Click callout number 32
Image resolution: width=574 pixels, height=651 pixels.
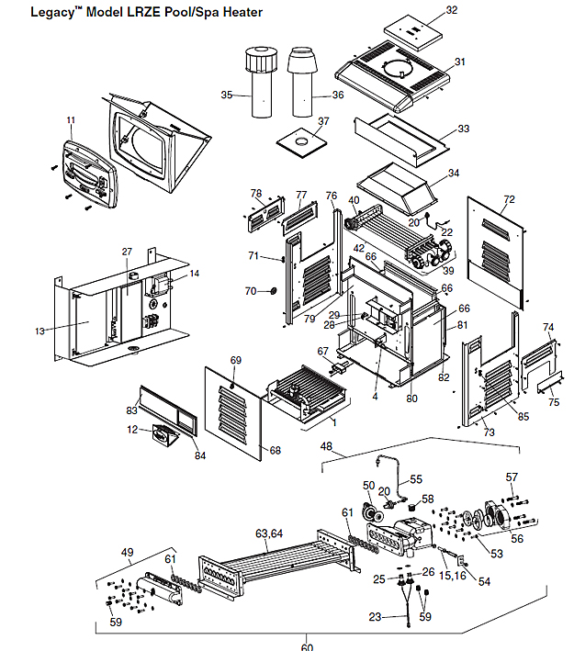(x=451, y=10)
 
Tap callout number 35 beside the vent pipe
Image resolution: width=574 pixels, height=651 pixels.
(x=227, y=94)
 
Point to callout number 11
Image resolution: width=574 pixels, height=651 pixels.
(x=71, y=120)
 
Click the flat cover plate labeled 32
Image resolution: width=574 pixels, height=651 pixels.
(x=412, y=31)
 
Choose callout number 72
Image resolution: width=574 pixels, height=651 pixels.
(x=510, y=199)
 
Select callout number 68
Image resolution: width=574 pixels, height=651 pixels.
(x=276, y=450)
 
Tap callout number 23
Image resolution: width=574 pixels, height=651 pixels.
(x=374, y=616)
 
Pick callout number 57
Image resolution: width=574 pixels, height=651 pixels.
(x=512, y=477)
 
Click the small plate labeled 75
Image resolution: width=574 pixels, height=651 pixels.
(x=546, y=379)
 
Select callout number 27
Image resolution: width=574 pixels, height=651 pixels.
(x=127, y=252)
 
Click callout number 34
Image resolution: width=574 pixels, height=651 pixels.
(x=453, y=173)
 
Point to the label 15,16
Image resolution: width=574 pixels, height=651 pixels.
(x=452, y=575)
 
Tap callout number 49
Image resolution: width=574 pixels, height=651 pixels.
(x=128, y=552)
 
